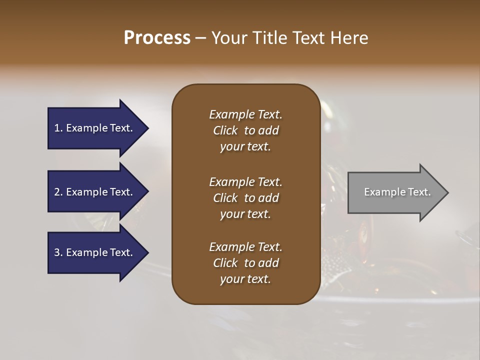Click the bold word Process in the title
coord(157,38)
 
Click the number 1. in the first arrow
coord(58,128)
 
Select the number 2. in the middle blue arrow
coord(58,192)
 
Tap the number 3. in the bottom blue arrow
coord(58,252)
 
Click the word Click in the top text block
coord(225,130)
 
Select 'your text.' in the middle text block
coord(245,214)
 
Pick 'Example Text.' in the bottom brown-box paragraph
coord(245,247)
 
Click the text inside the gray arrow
coord(397,192)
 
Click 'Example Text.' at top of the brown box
coord(245,114)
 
